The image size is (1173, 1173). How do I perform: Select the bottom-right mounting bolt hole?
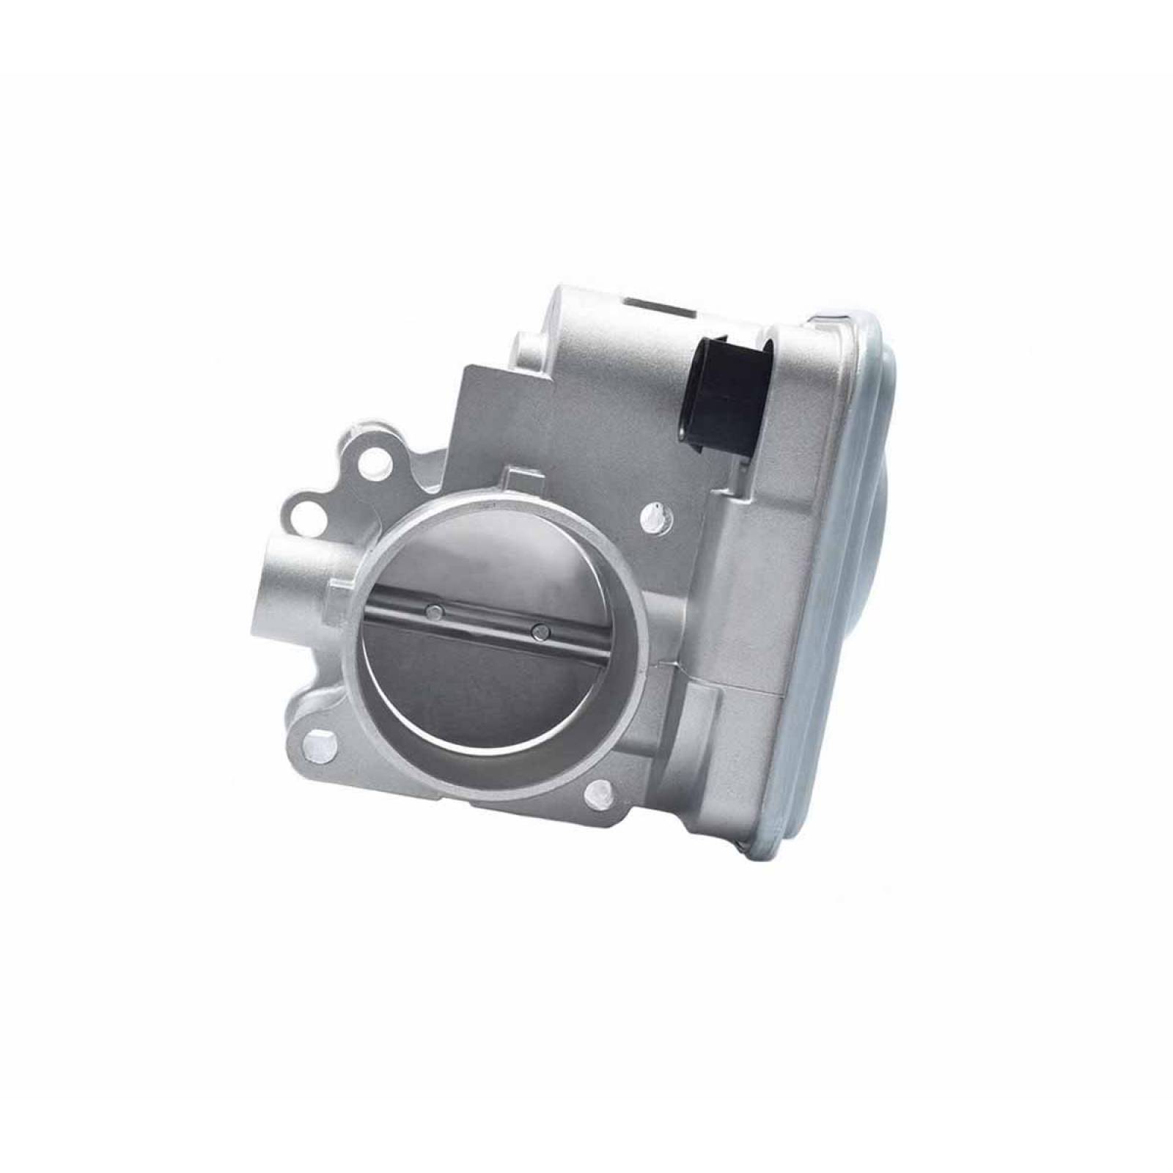(x=600, y=789)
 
